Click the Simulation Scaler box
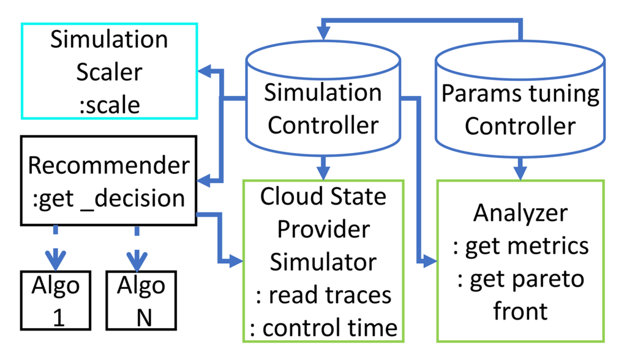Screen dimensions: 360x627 click(109, 71)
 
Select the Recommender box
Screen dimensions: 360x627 click(109, 181)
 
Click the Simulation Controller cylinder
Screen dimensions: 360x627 click(323, 101)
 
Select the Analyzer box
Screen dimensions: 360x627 click(520, 260)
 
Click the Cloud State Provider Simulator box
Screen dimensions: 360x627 click(323, 260)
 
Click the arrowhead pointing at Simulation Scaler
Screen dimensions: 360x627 click(206, 72)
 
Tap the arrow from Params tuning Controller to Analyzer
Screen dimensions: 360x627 click(520, 168)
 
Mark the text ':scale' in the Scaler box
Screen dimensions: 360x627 click(109, 104)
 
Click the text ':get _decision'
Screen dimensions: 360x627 click(109, 198)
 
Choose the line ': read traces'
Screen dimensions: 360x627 click(323, 295)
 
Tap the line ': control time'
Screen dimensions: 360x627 click(323, 328)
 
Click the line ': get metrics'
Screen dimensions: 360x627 click(521, 246)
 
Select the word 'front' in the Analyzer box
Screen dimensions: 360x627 click(520, 312)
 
